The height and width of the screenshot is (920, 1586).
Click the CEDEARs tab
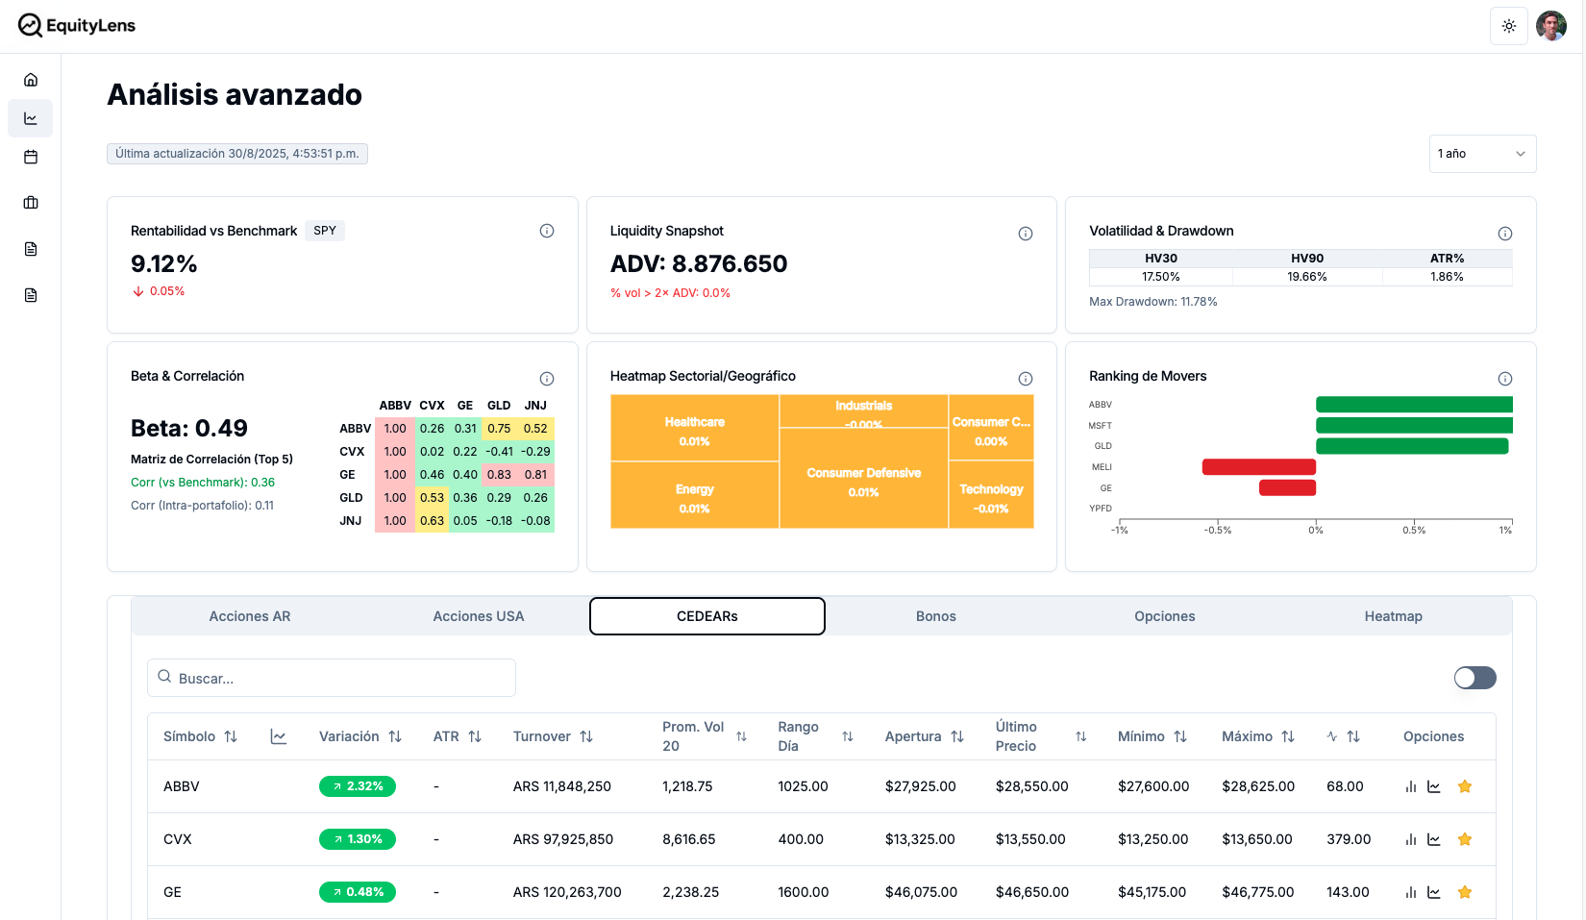(x=707, y=616)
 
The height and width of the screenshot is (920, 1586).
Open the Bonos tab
(x=936, y=616)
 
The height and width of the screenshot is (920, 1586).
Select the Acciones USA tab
(x=479, y=616)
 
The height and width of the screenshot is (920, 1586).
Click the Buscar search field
(x=332, y=678)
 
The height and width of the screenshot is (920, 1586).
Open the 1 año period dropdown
(x=1482, y=154)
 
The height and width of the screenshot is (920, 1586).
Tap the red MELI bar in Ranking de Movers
(x=1258, y=467)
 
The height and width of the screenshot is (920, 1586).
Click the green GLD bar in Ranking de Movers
(x=1411, y=446)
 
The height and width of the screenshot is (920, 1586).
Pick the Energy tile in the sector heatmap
(x=694, y=496)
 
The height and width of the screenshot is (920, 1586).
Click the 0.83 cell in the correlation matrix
(x=499, y=475)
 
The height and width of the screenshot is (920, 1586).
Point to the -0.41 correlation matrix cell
(x=499, y=452)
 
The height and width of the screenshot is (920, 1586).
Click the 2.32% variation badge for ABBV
(x=358, y=786)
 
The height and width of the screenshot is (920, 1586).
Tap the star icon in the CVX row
(x=1465, y=839)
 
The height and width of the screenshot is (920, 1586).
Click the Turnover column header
(x=553, y=736)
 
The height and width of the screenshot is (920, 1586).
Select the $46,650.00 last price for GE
(x=1032, y=892)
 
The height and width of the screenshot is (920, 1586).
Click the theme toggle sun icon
(x=1509, y=26)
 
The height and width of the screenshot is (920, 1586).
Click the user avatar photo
(x=1551, y=26)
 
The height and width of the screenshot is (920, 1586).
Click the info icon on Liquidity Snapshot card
(x=1026, y=234)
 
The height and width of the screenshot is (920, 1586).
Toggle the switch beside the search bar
(x=1474, y=678)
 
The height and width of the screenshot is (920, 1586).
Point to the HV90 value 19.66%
(x=1307, y=277)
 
